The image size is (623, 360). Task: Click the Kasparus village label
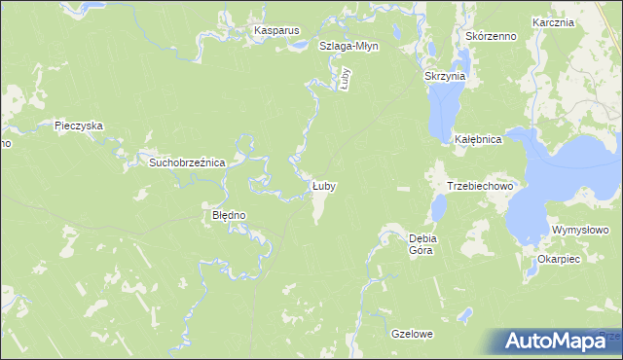point(276,31)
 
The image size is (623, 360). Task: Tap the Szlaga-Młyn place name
point(349,46)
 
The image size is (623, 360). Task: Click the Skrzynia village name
point(446,75)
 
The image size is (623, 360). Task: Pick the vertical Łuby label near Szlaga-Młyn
point(345,78)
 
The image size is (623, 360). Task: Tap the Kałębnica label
point(478,140)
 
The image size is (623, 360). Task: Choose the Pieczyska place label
point(79,126)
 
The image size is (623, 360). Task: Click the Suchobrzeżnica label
point(187,162)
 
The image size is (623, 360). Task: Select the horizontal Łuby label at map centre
point(324,185)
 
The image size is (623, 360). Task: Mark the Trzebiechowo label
point(480,185)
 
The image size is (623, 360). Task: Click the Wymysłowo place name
point(580,230)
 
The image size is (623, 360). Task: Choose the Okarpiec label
point(559,260)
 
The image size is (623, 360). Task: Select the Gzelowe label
point(411,334)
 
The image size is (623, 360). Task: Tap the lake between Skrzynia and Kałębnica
point(443,109)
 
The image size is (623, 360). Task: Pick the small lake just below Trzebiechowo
point(439,207)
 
